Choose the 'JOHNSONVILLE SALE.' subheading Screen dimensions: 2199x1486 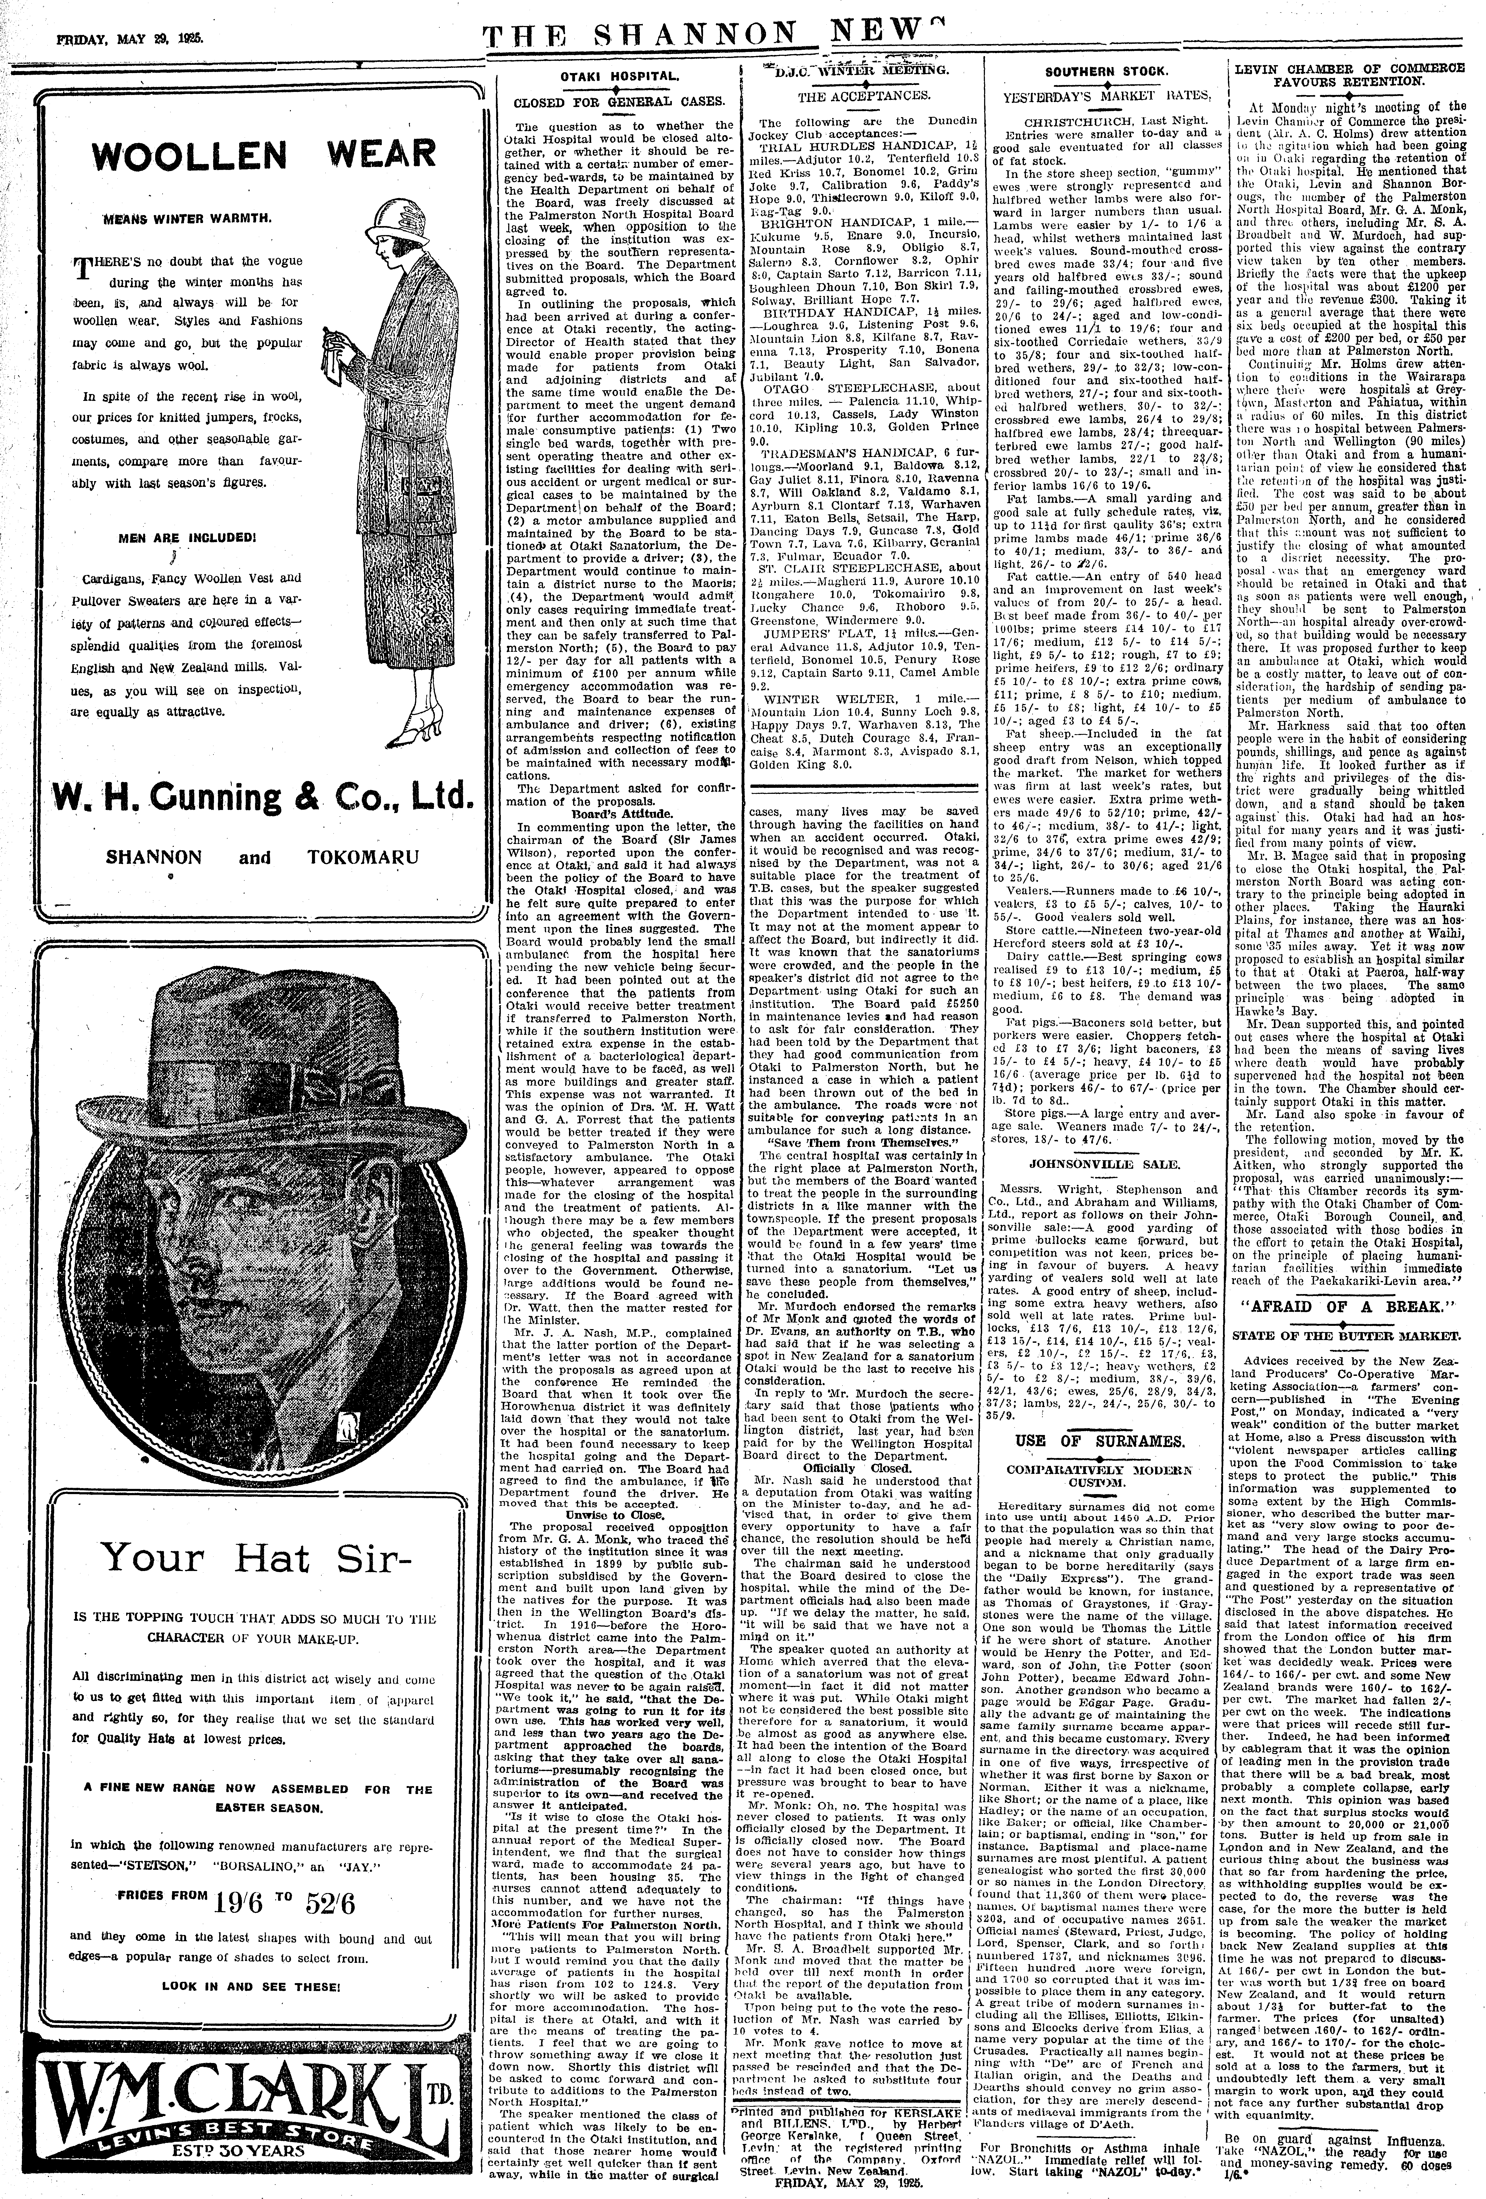[1097, 1162]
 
